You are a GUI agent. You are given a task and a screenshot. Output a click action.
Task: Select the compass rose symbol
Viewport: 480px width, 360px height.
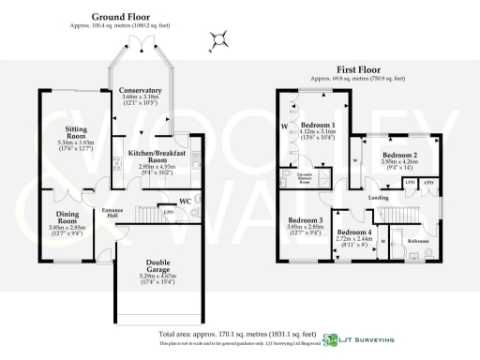pyautogui.click(x=218, y=38)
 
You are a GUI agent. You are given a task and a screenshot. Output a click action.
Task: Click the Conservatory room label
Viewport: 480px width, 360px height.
pyautogui.click(x=141, y=90)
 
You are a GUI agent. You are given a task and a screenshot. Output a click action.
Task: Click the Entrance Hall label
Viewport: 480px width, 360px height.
pyautogui.click(x=113, y=211)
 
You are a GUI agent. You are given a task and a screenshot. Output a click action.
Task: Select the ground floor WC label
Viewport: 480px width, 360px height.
pyautogui.click(x=186, y=200)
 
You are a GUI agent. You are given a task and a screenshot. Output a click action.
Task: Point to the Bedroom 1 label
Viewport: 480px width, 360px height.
pyautogui.click(x=318, y=125)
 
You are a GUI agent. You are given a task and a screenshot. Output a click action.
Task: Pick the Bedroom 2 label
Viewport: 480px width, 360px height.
pyautogui.click(x=400, y=156)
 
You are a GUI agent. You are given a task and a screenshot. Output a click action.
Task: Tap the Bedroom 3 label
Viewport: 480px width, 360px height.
pyautogui.click(x=306, y=219)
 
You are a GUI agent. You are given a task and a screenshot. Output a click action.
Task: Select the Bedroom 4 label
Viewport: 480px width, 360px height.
pyautogui.click(x=354, y=232)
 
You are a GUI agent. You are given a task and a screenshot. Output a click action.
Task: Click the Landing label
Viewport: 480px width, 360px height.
pyautogui.click(x=379, y=198)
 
